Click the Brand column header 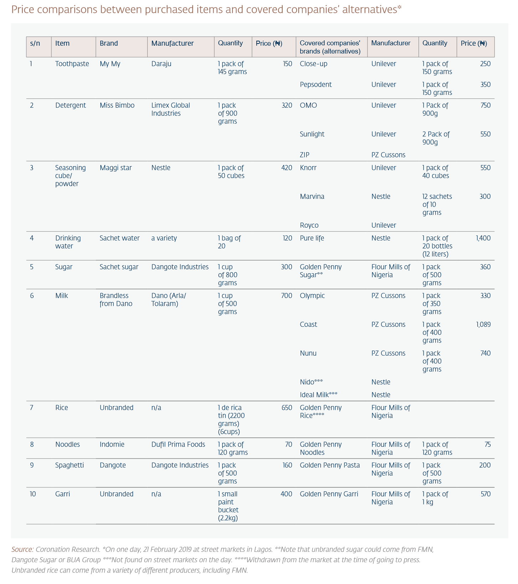(109, 44)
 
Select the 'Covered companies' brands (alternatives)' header (330, 47)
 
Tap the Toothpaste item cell (72, 64)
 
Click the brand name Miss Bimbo (117, 105)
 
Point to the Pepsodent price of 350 (485, 85)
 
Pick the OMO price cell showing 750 (485, 105)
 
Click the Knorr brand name (308, 168)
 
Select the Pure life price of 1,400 (483, 238)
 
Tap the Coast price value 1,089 (483, 324)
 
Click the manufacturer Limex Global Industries (170, 109)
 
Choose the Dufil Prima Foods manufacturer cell (178, 444)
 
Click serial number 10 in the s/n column (33, 494)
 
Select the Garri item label (63, 494)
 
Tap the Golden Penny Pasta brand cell (330, 465)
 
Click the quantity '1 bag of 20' (229, 242)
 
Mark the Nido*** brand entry (311, 382)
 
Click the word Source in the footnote (22, 549)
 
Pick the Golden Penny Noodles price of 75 (487, 444)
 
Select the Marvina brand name (312, 197)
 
